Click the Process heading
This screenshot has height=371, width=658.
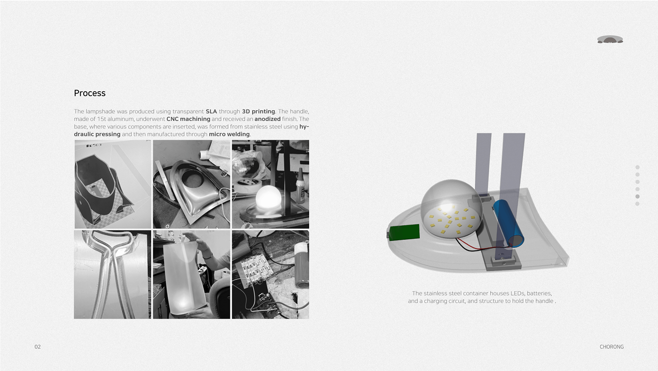coord(89,93)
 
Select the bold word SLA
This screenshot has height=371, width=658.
coord(211,112)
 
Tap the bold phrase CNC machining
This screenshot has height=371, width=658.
coord(188,119)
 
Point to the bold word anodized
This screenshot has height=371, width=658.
coord(267,119)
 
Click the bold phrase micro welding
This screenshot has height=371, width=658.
coord(229,134)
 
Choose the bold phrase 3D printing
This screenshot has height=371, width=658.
coord(258,112)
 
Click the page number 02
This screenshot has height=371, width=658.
coord(38,347)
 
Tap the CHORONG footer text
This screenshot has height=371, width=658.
coord(611,347)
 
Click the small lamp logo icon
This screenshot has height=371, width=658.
coord(610,40)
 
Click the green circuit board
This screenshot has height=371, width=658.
coord(404,232)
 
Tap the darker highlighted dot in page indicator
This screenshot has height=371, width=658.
coord(637,196)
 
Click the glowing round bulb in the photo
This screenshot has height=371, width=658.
coord(267,197)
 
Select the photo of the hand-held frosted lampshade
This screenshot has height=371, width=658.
coord(191,274)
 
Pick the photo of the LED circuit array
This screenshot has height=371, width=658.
coord(270,274)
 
